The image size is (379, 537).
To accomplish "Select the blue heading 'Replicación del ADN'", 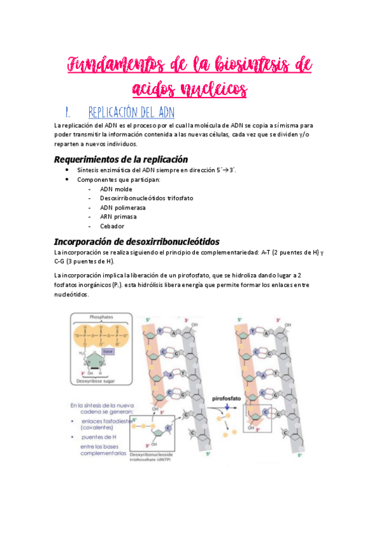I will tap(132, 112).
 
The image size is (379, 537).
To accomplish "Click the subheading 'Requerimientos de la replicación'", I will tap(120, 159).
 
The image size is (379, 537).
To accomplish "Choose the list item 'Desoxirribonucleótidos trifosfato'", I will tap(146, 198).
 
